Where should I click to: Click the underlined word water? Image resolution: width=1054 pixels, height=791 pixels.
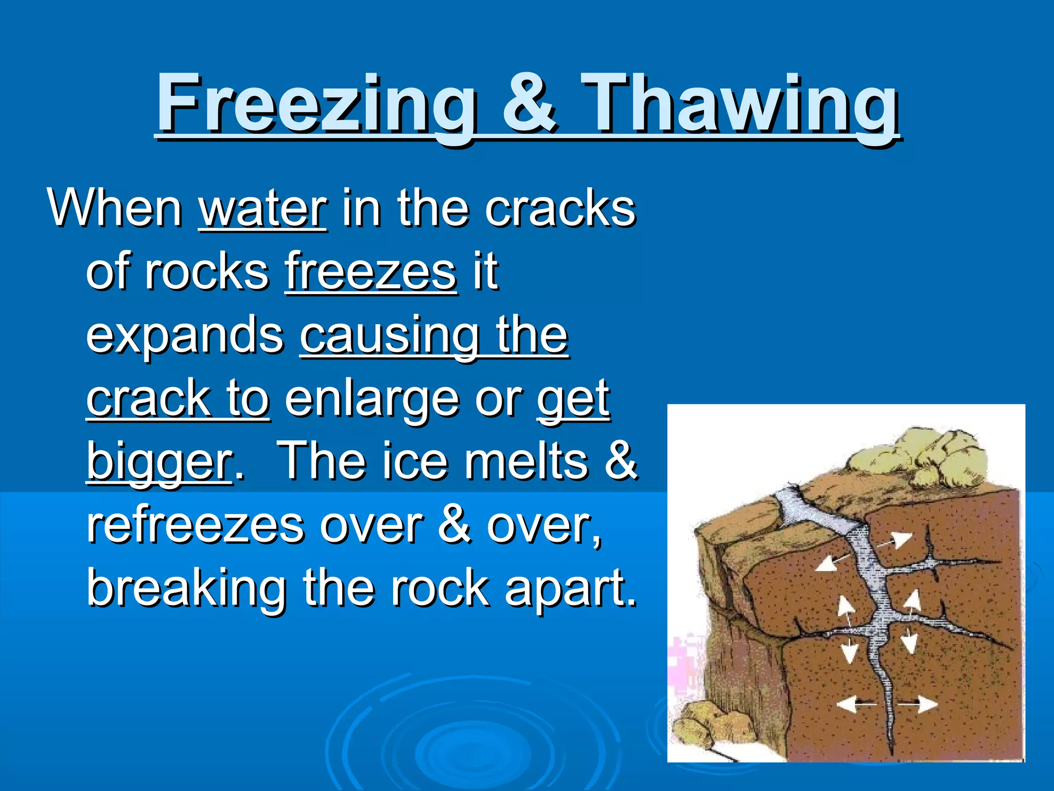[262, 209]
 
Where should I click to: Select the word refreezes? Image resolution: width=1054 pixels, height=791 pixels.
[196, 525]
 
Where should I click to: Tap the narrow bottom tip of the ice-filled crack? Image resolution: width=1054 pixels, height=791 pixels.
[890, 742]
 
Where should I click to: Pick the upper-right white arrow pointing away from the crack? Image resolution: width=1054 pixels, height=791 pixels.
[898, 541]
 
